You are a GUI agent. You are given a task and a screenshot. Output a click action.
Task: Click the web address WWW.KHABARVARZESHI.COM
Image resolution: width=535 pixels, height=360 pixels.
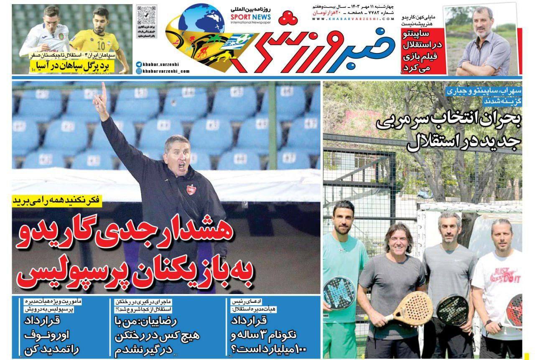[x=353, y=19]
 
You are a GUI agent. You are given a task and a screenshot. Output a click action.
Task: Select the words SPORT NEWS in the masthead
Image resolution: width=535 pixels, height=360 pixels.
[x=250, y=17]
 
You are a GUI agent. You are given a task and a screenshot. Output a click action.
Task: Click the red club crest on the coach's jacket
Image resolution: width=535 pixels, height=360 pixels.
[x=191, y=189]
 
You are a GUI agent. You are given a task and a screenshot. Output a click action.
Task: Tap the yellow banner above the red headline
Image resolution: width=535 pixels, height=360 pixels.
[x=57, y=200]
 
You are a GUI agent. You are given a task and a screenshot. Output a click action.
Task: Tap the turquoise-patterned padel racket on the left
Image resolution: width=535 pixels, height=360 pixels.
[x=339, y=293]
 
